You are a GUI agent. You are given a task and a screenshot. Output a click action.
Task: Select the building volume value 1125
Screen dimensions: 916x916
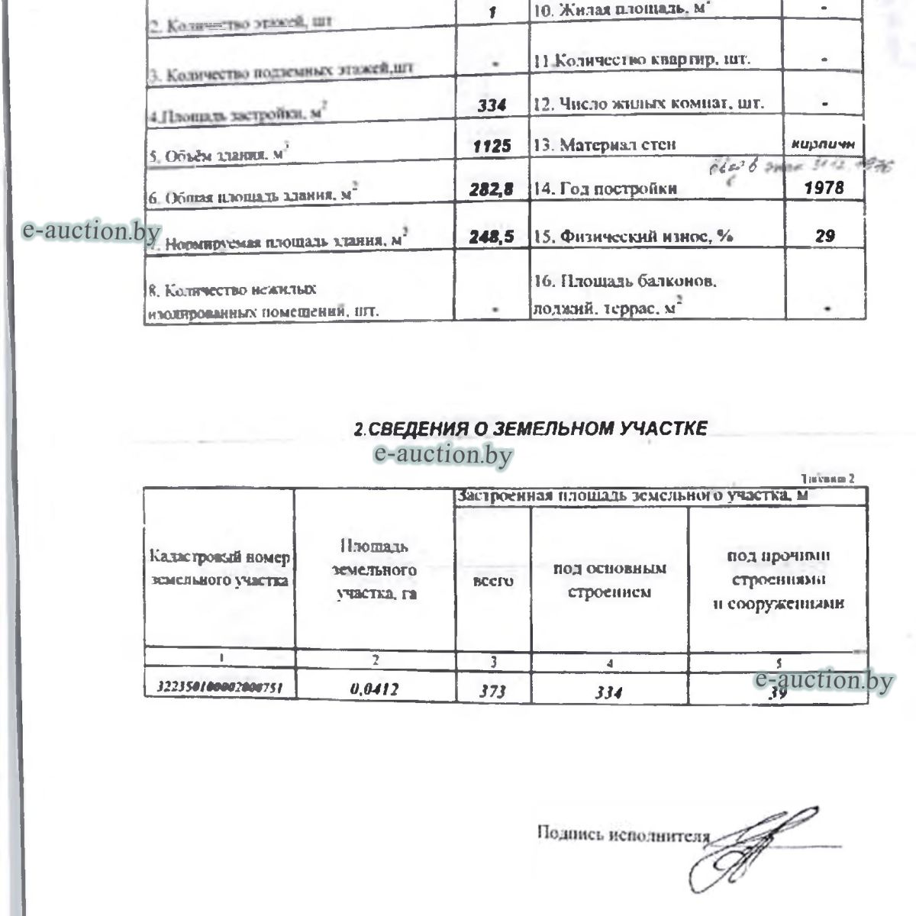tap(492, 146)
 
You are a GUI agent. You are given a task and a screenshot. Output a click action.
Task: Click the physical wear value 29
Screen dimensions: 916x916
tap(824, 236)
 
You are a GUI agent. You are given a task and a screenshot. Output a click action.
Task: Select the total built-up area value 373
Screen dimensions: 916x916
tap(492, 692)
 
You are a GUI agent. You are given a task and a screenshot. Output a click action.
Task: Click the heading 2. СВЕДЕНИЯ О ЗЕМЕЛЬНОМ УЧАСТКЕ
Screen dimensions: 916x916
tap(531, 429)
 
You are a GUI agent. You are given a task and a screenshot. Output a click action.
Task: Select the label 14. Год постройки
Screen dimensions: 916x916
tap(605, 188)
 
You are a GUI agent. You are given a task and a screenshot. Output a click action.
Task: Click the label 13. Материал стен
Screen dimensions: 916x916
tap(605, 145)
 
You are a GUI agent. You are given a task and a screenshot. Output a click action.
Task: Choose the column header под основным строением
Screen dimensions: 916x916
tap(609, 580)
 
